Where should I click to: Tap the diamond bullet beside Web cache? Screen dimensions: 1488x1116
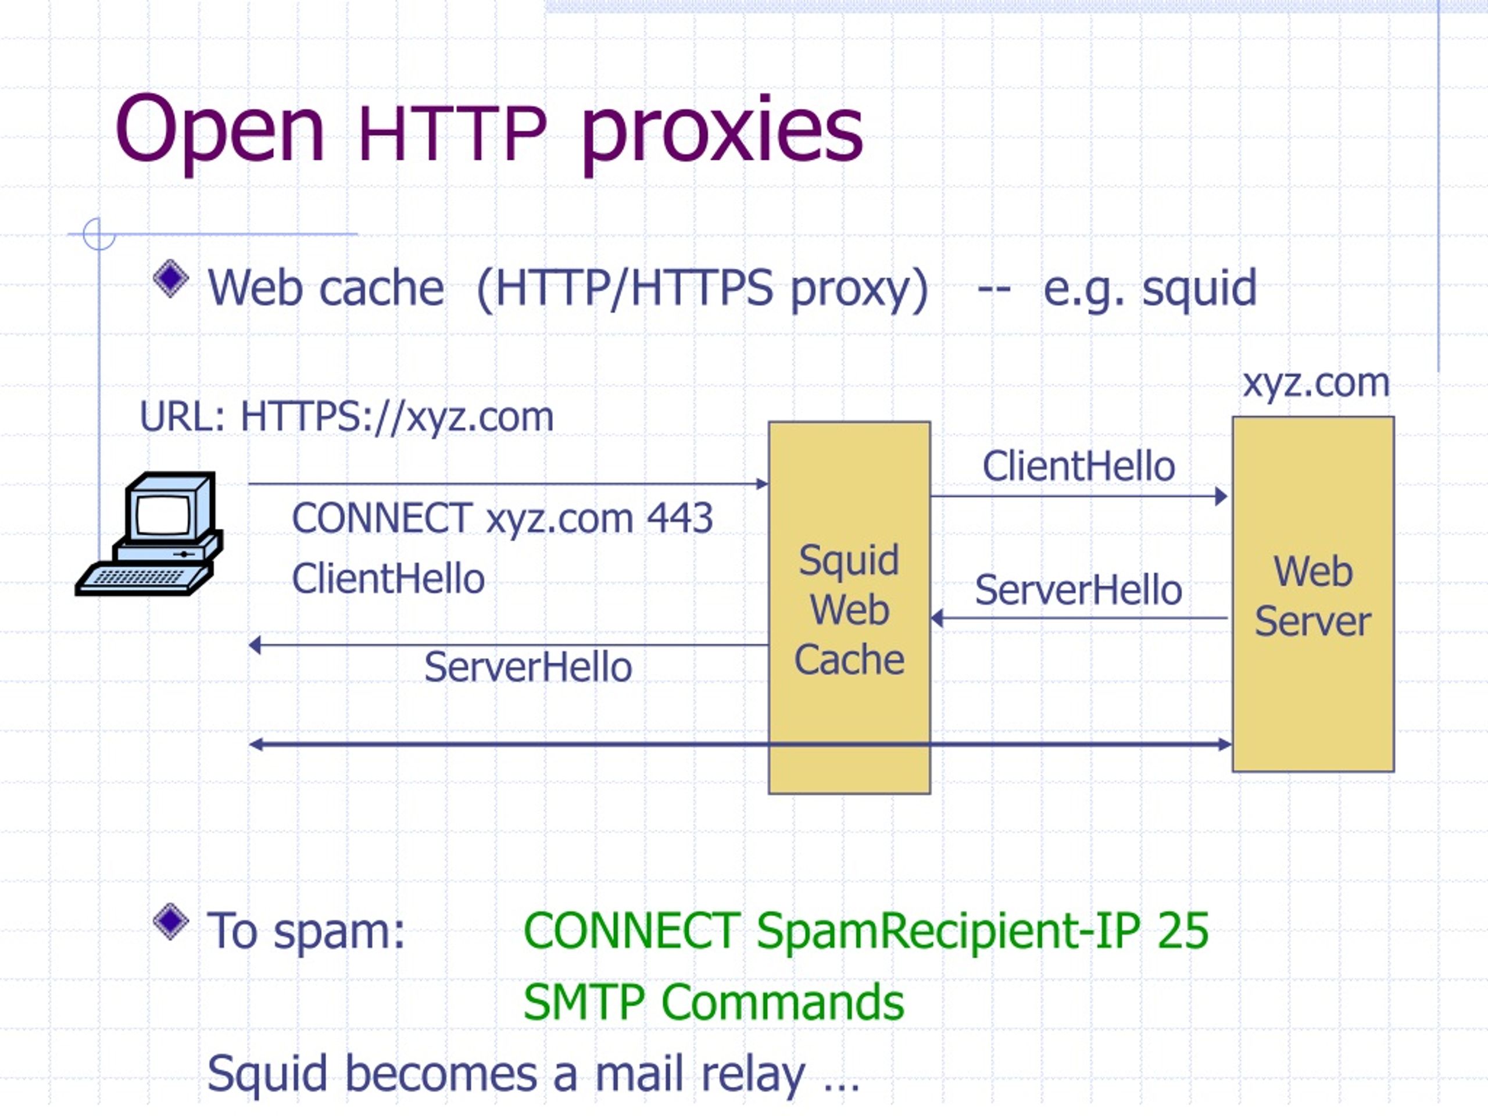pos(171,278)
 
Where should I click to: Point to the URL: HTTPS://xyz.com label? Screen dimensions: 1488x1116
pos(346,417)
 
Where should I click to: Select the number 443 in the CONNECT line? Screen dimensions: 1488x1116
pos(679,518)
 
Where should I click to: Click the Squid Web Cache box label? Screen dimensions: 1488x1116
pos(849,610)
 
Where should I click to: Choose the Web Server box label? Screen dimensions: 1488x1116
pos(1312,596)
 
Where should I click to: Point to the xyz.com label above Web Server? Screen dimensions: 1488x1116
pos(1316,384)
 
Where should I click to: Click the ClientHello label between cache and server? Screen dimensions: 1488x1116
pos(1078,466)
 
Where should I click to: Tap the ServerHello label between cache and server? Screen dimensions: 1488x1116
pos(1078,590)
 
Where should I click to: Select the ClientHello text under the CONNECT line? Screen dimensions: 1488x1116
pos(388,578)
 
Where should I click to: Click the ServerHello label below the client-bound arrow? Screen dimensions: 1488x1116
pos(528,667)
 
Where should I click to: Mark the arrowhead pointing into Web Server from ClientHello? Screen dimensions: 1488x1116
pos(1221,496)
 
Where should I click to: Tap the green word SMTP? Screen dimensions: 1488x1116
pos(585,1002)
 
